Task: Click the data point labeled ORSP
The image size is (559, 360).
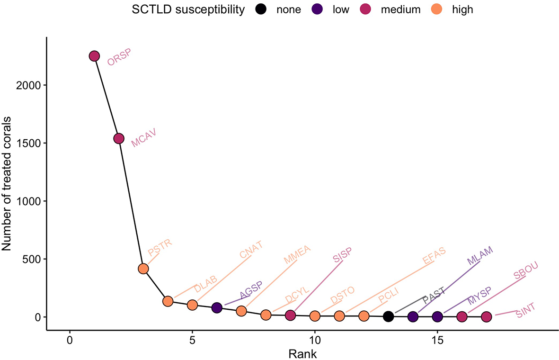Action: coord(94,56)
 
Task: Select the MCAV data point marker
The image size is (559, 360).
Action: coord(118,138)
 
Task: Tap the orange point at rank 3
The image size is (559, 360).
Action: coord(143,269)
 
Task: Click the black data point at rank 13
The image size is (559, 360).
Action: coord(388,316)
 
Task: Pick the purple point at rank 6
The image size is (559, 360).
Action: coord(217,308)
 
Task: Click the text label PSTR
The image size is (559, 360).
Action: coord(160,247)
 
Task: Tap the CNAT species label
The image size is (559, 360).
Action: coord(251,250)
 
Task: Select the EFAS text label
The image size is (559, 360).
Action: coord(435,255)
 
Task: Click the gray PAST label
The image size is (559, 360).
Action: coord(434,296)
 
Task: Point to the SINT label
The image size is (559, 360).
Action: coord(526,311)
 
